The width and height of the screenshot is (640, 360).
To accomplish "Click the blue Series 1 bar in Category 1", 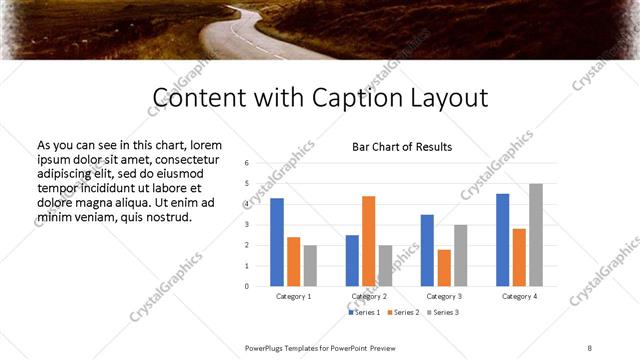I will (277, 242).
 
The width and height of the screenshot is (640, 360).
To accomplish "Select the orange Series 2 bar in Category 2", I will (369, 241).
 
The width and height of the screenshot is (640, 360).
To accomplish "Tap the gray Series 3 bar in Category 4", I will (536, 235).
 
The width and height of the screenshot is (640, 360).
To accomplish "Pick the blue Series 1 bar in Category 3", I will (427, 250).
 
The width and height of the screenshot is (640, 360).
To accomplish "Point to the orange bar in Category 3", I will (444, 267).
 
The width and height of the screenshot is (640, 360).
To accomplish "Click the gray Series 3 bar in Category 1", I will (310, 265).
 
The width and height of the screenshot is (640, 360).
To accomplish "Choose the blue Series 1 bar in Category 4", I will (502, 240).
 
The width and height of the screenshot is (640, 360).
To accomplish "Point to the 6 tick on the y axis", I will (246, 162).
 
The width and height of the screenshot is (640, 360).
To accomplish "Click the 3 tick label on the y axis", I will (246, 224).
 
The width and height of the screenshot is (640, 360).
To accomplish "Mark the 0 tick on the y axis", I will (246, 286).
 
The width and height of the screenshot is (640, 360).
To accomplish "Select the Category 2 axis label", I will (369, 297).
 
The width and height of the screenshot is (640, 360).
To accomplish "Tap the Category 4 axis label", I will (519, 297).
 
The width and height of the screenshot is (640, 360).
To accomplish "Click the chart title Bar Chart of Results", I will (402, 147).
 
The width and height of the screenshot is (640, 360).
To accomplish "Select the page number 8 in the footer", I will (590, 347).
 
